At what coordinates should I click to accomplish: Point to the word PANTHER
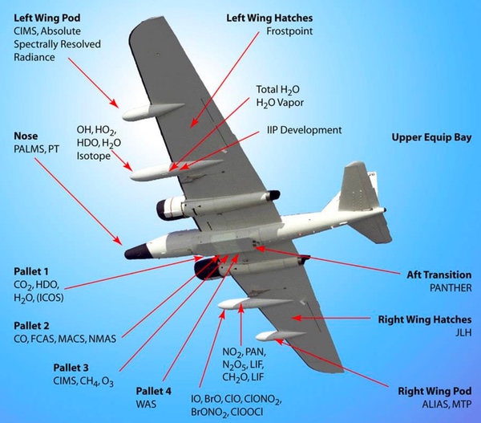point(450,287)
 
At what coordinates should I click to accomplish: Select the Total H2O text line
point(280,89)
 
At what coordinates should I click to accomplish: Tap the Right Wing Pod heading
point(435,392)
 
